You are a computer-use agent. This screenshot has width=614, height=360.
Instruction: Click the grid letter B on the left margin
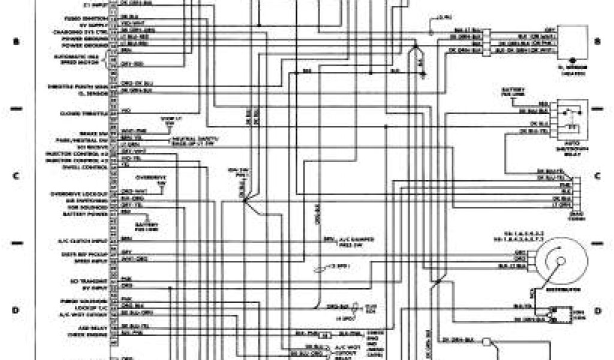(16, 41)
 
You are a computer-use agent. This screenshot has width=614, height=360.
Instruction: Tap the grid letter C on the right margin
(597, 176)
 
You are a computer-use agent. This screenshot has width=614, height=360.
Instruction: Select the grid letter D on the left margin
(16, 310)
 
